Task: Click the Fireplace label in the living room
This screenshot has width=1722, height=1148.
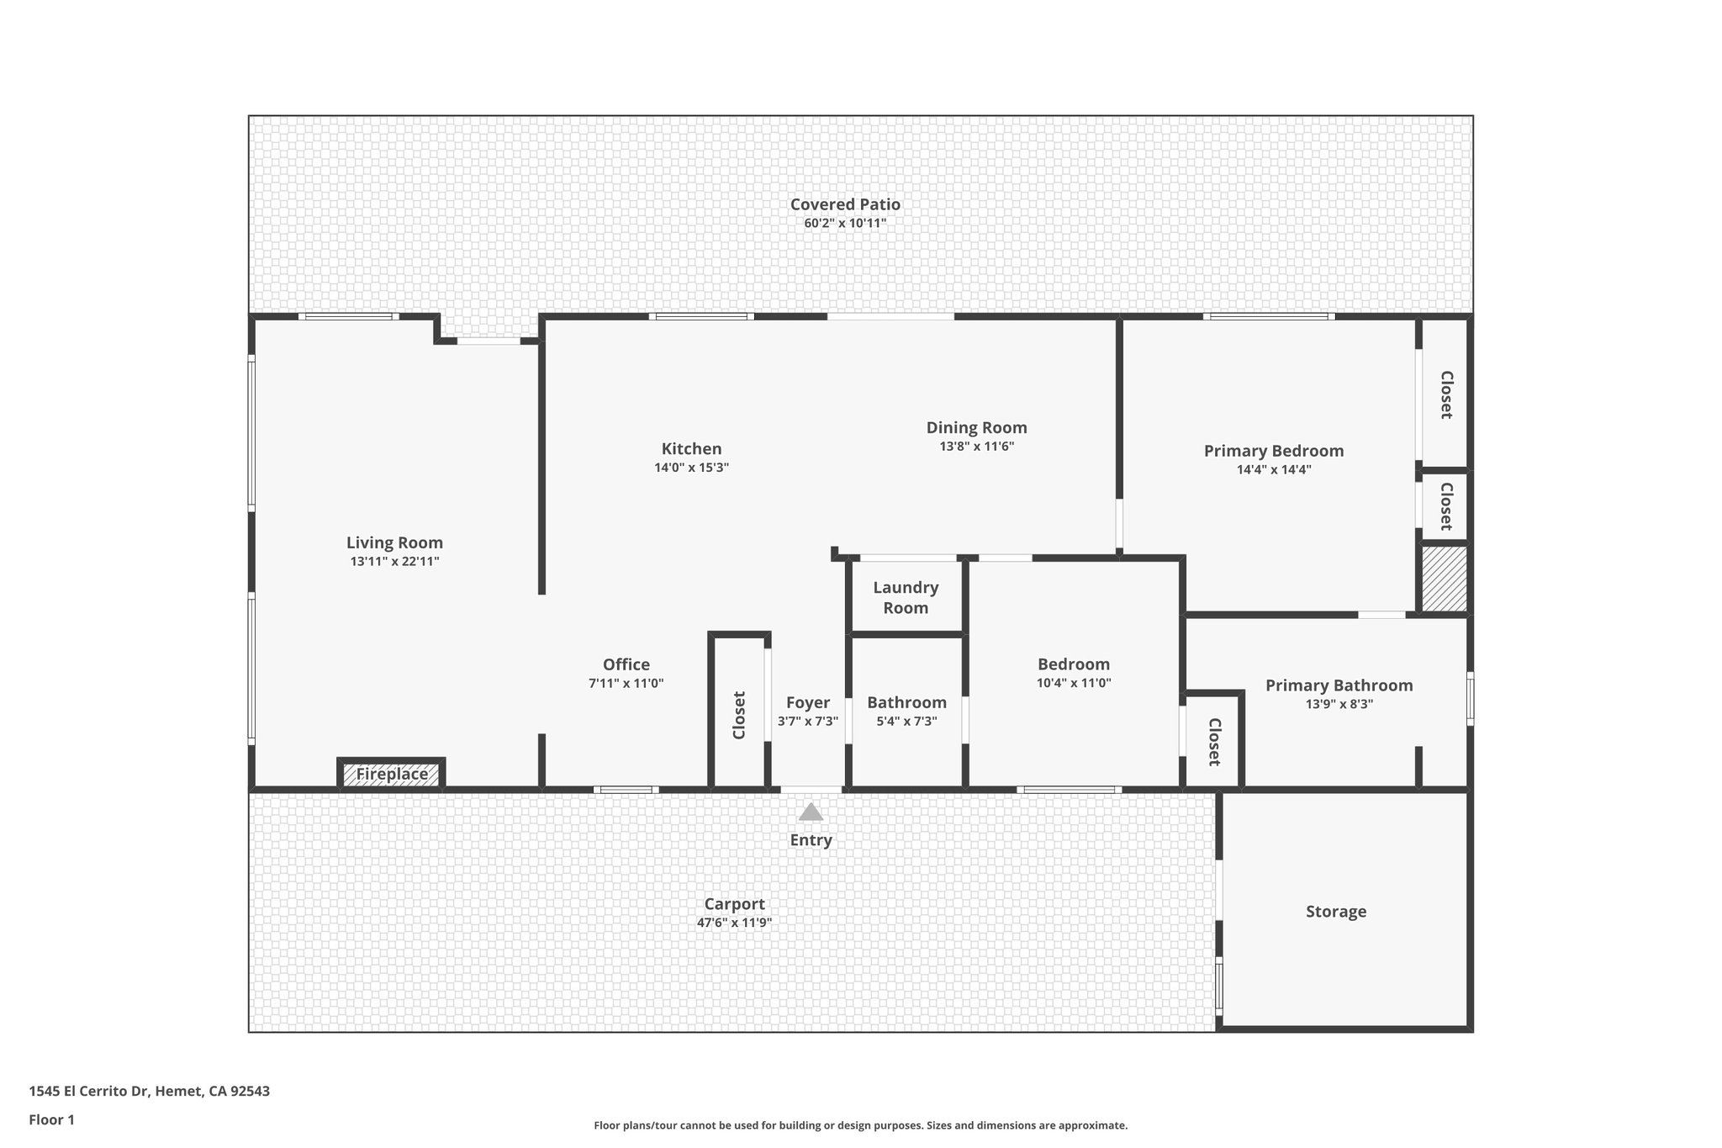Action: point(392,774)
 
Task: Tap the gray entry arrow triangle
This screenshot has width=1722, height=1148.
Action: point(811,812)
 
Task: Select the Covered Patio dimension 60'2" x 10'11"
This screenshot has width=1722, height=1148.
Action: point(845,224)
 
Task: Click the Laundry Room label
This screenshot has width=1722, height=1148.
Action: point(906,598)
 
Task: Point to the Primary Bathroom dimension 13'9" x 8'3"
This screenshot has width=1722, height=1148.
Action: point(1339,705)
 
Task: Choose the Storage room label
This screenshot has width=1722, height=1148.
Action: point(1336,912)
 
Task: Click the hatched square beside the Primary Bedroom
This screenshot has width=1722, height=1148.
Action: point(1445,579)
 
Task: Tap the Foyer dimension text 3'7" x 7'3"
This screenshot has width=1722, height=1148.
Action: point(808,722)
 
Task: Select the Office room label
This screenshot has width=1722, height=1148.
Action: point(626,664)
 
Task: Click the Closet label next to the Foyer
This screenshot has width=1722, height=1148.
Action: point(739,715)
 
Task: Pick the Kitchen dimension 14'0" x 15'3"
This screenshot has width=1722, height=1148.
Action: point(691,468)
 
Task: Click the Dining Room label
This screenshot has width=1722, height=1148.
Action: point(976,427)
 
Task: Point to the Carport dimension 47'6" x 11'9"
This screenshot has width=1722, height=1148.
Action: point(734,923)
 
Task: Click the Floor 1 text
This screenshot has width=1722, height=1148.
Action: point(51,1120)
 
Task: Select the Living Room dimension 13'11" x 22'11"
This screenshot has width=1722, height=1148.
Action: point(394,562)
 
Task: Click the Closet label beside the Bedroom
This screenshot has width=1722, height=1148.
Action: point(1213,742)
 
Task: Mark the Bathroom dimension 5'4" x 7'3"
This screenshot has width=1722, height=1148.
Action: point(906,722)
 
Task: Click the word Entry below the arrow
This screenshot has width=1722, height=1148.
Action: point(811,840)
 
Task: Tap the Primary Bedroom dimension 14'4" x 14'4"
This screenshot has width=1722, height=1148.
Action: point(1273,470)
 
